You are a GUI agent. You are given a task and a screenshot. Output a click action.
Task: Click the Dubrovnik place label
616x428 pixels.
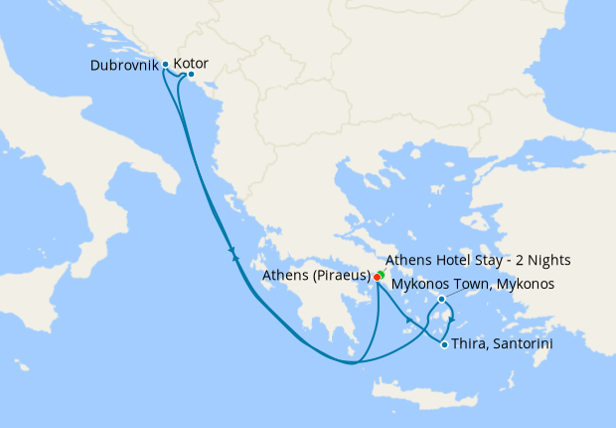pyautogui.click(x=124, y=65)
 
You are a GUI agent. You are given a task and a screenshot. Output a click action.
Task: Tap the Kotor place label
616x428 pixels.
pyautogui.click(x=191, y=64)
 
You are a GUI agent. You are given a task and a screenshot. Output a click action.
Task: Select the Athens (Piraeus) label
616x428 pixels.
pyautogui.click(x=316, y=276)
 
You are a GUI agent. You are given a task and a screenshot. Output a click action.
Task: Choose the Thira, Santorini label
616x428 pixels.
pyautogui.click(x=502, y=344)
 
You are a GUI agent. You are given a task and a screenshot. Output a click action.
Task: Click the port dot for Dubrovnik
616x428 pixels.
pyautogui.click(x=165, y=65)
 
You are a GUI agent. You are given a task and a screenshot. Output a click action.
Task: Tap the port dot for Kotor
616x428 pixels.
pyautogui.click(x=191, y=76)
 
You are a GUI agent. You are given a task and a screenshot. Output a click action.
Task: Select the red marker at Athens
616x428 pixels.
pyautogui.click(x=378, y=276)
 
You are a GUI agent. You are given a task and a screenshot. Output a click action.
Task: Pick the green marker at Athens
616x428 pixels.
pyautogui.click(x=382, y=271)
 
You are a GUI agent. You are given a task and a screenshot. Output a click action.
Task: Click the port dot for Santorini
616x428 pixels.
pyautogui.click(x=443, y=344)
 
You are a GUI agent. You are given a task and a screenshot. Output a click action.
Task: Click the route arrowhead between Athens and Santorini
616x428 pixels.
pyautogui.click(x=408, y=320)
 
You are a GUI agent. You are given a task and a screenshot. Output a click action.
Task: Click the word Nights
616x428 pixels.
pyautogui.click(x=548, y=261)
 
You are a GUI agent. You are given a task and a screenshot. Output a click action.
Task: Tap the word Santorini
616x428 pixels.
pyautogui.click(x=523, y=344)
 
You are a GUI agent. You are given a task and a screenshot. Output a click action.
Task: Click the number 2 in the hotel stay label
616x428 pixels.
pyautogui.click(x=515, y=261)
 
